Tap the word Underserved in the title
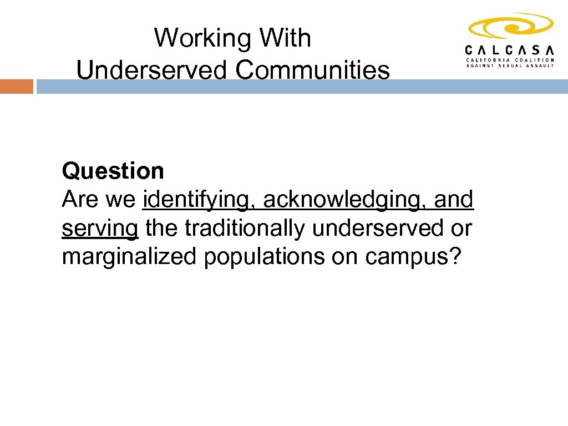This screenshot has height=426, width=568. click(151, 70)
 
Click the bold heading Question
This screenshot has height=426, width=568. click(113, 171)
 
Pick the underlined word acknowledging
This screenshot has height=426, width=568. click(344, 200)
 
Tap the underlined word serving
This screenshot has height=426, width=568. click(100, 229)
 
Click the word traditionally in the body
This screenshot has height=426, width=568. click(247, 229)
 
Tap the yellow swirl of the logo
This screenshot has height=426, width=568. click(510, 26)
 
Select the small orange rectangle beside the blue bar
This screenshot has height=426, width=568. click(16, 87)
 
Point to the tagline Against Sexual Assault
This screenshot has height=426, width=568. click(509, 65)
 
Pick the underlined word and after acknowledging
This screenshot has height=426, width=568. click(454, 200)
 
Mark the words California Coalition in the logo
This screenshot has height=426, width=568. click(509, 59)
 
